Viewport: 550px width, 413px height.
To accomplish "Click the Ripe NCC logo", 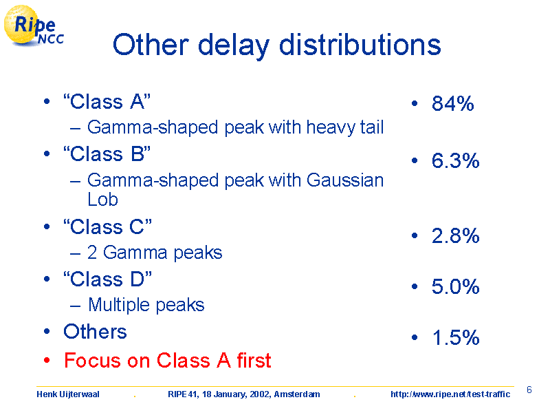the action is (33, 26).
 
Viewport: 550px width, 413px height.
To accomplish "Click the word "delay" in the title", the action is (234, 45).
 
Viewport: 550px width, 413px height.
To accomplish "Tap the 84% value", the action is (453, 103).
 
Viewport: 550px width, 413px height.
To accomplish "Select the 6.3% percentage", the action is (455, 160).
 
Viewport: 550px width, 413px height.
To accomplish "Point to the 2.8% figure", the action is (455, 235).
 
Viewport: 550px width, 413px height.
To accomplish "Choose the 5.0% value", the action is (455, 286).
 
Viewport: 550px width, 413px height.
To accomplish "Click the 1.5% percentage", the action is (456, 337).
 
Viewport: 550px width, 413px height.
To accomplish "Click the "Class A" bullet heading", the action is (107, 102).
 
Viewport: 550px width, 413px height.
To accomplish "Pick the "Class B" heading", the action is (107, 153).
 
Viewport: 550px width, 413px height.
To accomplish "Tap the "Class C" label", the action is (107, 226).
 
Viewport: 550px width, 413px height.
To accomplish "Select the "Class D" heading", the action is (107, 279).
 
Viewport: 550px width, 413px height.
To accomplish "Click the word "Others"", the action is (95, 331).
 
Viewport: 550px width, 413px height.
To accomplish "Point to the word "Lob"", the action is (102, 200).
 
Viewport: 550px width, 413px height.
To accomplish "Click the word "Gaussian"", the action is (345, 180).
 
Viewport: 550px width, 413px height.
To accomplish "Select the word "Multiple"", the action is (119, 305).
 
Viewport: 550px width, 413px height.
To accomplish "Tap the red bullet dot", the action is (47, 360).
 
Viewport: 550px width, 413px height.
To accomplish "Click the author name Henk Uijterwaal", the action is (68, 394).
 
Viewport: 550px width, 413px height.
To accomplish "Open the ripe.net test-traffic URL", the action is (450, 394).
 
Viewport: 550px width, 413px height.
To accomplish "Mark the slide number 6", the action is (529, 390).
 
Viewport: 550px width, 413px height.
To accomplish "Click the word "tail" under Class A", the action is (372, 127).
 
